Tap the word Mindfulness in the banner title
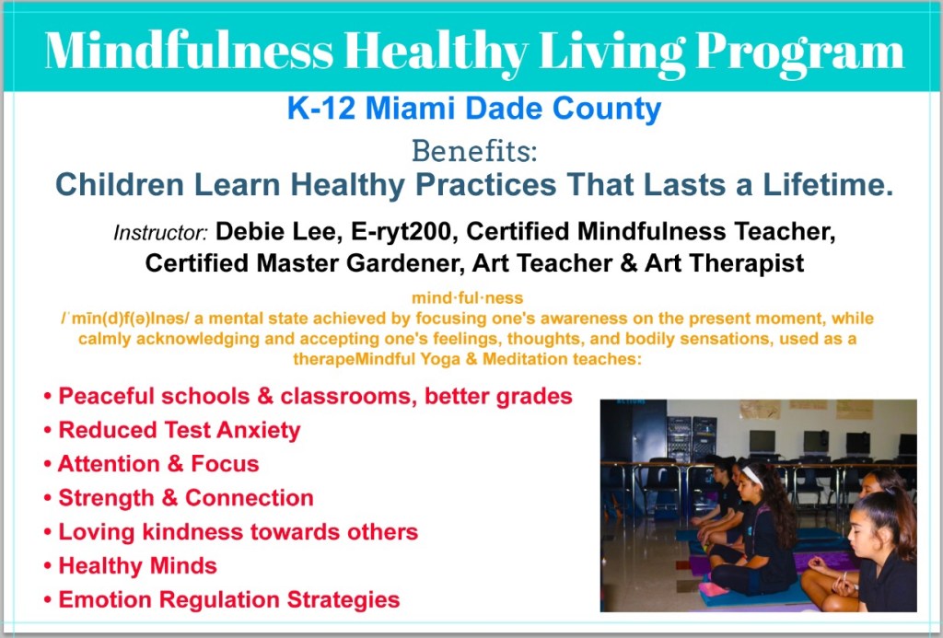[189, 50]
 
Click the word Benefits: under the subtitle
[474, 150]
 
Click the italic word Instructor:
[160, 232]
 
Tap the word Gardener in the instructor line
[402, 262]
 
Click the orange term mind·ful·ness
[467, 297]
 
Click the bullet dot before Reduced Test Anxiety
[48, 431]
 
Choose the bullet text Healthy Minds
[137, 566]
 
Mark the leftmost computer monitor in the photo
[762, 442]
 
